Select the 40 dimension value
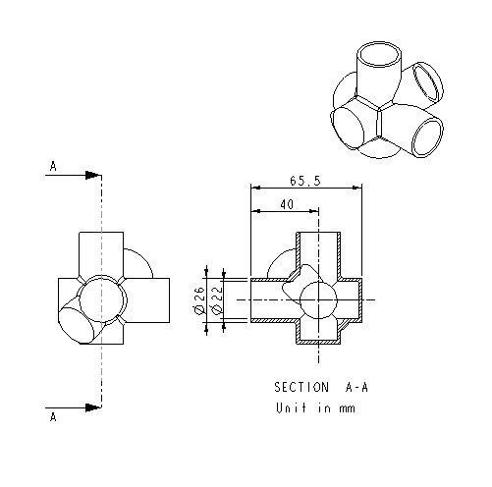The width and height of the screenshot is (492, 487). click(286, 204)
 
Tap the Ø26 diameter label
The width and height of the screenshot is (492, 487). click(199, 301)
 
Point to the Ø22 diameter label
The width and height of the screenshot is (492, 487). click(214, 301)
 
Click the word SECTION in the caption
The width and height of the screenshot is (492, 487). click(300, 386)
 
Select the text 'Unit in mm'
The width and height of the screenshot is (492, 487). click(313, 408)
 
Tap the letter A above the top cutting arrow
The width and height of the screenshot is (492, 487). click(53, 167)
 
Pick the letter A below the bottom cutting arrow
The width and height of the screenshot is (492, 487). click(53, 416)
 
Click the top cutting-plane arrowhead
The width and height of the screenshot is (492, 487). click(92, 177)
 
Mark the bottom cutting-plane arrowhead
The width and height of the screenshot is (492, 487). click(92, 404)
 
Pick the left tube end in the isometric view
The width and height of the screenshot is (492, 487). click(349, 127)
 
